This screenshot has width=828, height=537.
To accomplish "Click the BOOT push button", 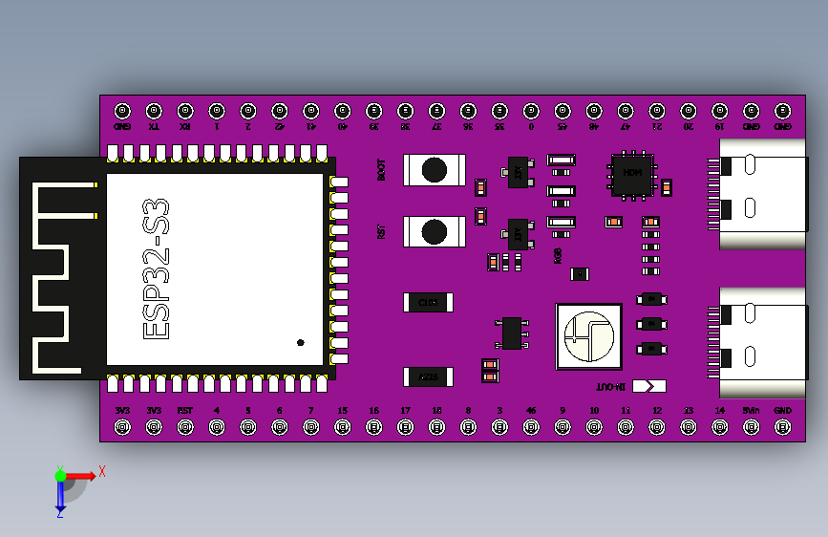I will pyautogui.click(x=434, y=170).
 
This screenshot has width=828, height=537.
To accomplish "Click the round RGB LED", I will pyautogui.click(x=588, y=336).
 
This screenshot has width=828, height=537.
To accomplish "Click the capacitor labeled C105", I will pyautogui.click(x=428, y=303).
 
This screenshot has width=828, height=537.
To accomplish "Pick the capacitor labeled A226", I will pyautogui.click(x=428, y=377).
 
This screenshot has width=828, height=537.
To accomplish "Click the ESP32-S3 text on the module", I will pyautogui.click(x=157, y=268).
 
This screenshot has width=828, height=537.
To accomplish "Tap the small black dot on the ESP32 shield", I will pyautogui.click(x=301, y=342).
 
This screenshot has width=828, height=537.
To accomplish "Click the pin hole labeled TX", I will pyautogui.click(x=154, y=110).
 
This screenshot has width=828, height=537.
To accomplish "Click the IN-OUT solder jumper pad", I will pyautogui.click(x=648, y=387).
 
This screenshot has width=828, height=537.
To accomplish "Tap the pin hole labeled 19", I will pyautogui.click(x=720, y=110).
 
